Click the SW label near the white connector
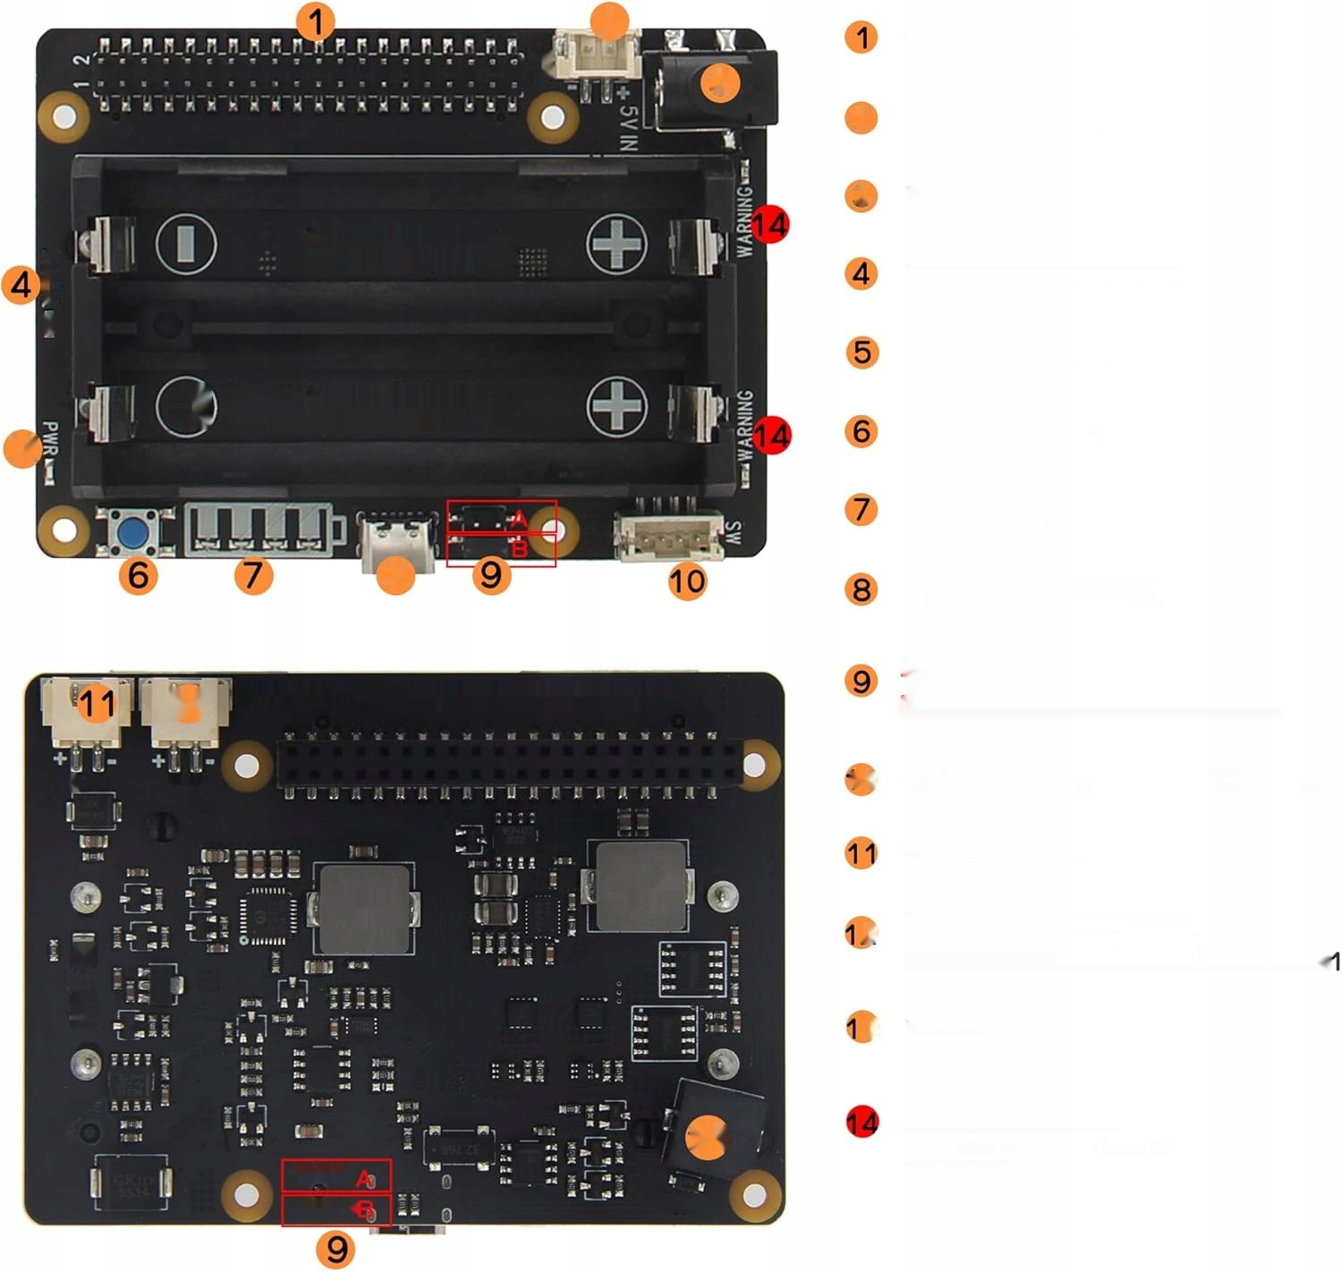coord(733,535)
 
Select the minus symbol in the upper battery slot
coord(186,242)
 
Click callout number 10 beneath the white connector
coord(686,581)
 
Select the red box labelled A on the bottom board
coord(336,1176)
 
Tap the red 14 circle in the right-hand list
coord(862,1122)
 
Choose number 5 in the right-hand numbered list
coord(862,352)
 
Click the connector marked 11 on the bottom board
coord(86,711)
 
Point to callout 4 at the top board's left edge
coord(21,285)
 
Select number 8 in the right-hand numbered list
coord(862,589)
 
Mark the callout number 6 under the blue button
coord(138,574)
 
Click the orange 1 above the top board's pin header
coord(315,21)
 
